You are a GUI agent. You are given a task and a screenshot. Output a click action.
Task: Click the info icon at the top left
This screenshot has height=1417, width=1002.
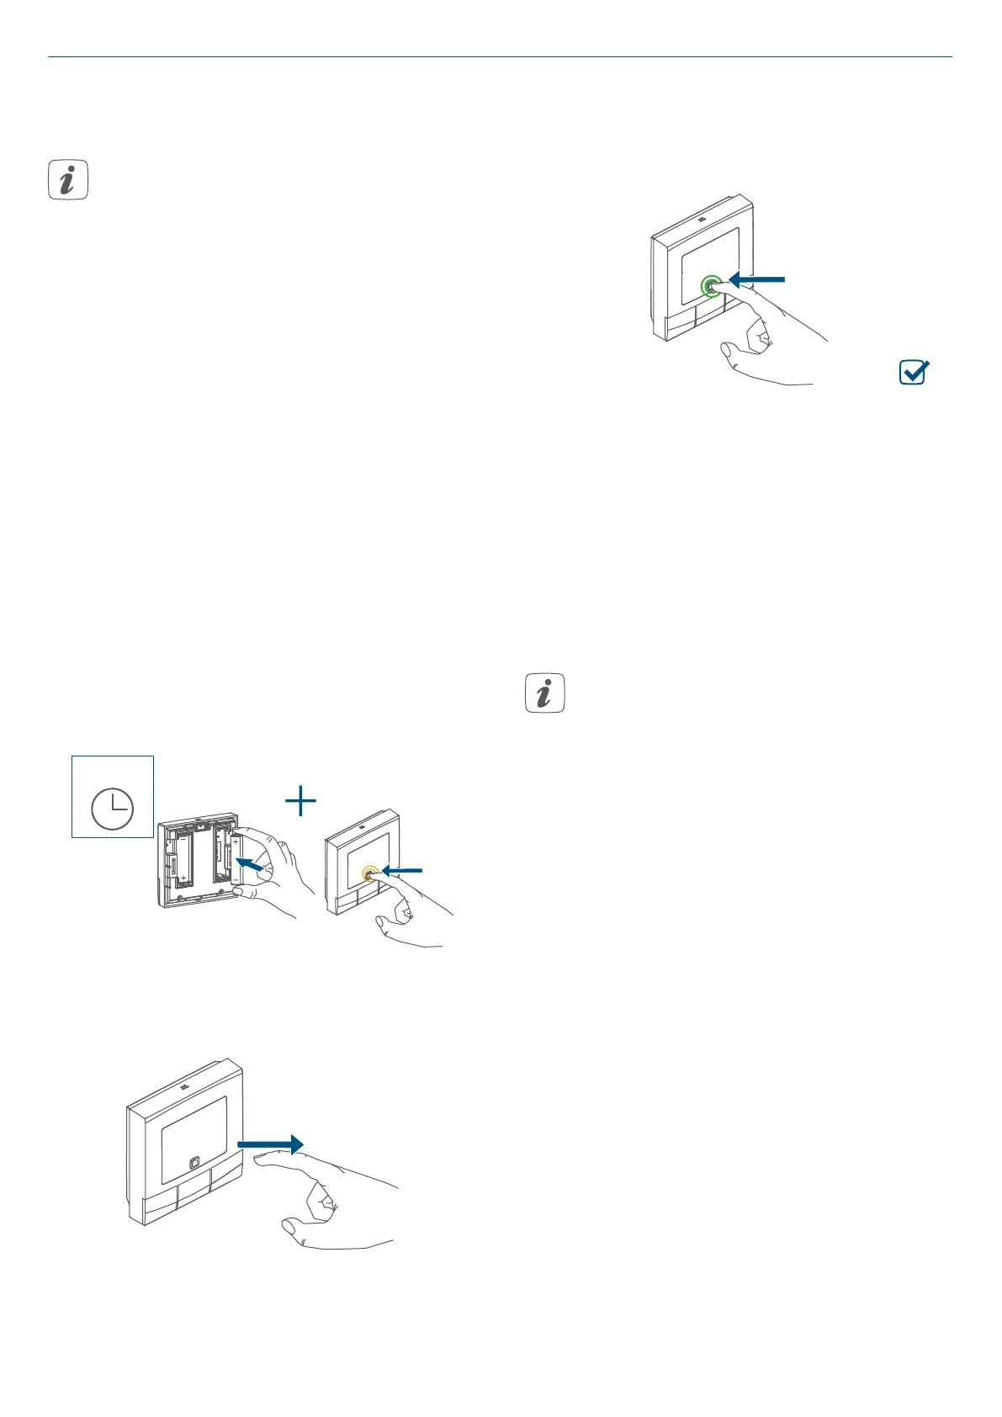pos(68,180)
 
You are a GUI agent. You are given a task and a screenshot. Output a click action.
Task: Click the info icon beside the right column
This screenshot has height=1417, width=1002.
pos(544,693)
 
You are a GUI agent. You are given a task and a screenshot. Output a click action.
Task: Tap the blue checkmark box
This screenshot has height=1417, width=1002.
pos(913,372)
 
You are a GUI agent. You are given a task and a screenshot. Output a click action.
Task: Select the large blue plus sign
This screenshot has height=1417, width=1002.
pos(300,801)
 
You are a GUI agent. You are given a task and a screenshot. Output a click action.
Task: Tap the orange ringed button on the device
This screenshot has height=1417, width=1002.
pos(368,874)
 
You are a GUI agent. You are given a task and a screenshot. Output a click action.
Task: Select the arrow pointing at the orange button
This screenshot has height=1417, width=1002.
pos(401,871)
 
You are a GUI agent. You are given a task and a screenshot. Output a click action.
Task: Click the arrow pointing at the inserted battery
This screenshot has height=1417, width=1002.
pos(254,864)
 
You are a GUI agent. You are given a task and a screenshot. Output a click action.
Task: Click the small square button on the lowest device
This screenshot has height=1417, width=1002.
pos(194,1163)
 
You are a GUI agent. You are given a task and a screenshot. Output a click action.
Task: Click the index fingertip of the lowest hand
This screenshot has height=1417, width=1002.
pos(259,1160)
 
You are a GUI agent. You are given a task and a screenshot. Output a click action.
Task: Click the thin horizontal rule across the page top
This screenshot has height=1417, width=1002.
pos(500,57)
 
